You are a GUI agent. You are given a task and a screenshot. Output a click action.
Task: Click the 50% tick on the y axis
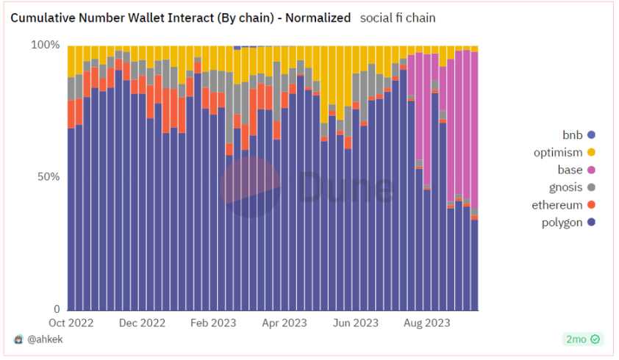click(47, 177)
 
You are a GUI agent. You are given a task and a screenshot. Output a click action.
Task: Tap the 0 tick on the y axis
click(56, 309)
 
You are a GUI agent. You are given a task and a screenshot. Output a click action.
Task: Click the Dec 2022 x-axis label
click(142, 323)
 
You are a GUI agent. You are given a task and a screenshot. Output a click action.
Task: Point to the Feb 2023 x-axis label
click(214, 323)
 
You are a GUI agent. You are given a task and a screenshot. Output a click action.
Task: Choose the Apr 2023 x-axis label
click(284, 323)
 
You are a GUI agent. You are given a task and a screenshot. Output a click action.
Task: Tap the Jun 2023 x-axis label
click(356, 323)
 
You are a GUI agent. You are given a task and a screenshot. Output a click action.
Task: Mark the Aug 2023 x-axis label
click(427, 323)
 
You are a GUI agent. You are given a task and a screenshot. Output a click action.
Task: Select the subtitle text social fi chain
click(398, 18)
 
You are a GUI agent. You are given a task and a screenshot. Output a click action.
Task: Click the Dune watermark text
click(346, 188)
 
